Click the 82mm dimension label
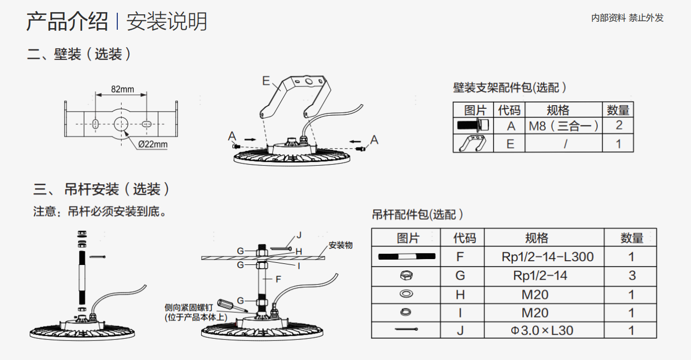[x=123, y=89]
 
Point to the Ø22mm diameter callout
[x=153, y=144]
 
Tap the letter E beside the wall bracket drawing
[x=266, y=81]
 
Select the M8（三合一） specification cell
[x=564, y=126]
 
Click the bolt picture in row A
[x=473, y=125]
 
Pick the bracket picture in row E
[x=472, y=143]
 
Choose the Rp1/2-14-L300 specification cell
[x=548, y=257]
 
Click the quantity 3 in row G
[x=632, y=276]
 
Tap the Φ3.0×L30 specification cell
[x=542, y=331]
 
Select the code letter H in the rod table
[x=460, y=295]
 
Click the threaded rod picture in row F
[x=407, y=256]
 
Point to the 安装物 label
[x=340, y=245]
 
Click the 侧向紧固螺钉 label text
[x=188, y=308]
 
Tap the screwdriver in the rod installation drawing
[x=232, y=305]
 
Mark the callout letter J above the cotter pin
[x=299, y=235]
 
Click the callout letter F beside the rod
[x=278, y=279]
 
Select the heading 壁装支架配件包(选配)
[x=509, y=88]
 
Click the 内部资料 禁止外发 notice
[x=627, y=18]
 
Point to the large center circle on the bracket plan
[x=121, y=124]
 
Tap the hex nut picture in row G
[x=407, y=275]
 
